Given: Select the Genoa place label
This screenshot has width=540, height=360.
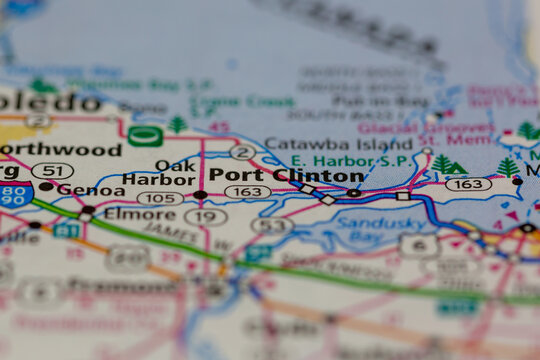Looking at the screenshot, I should [90, 189].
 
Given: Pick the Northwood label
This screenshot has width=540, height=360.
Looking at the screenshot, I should [60, 150].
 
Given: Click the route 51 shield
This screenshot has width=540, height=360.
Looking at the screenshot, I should [51, 171].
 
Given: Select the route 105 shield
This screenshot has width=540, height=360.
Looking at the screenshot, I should [159, 198].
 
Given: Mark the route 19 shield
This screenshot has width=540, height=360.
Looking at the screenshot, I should [205, 216].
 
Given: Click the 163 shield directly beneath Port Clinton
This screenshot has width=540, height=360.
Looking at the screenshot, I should [246, 192].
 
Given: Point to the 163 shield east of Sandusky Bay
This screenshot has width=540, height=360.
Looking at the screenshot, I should [468, 184].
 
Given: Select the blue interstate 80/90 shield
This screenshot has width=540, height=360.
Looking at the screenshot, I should [14, 194].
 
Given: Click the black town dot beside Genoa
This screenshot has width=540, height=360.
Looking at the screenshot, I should [46, 187].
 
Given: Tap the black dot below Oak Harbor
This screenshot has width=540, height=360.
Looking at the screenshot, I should [200, 195].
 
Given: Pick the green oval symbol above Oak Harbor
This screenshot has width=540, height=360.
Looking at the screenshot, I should [145, 136].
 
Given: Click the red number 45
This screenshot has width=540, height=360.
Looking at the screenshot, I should [219, 128].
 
